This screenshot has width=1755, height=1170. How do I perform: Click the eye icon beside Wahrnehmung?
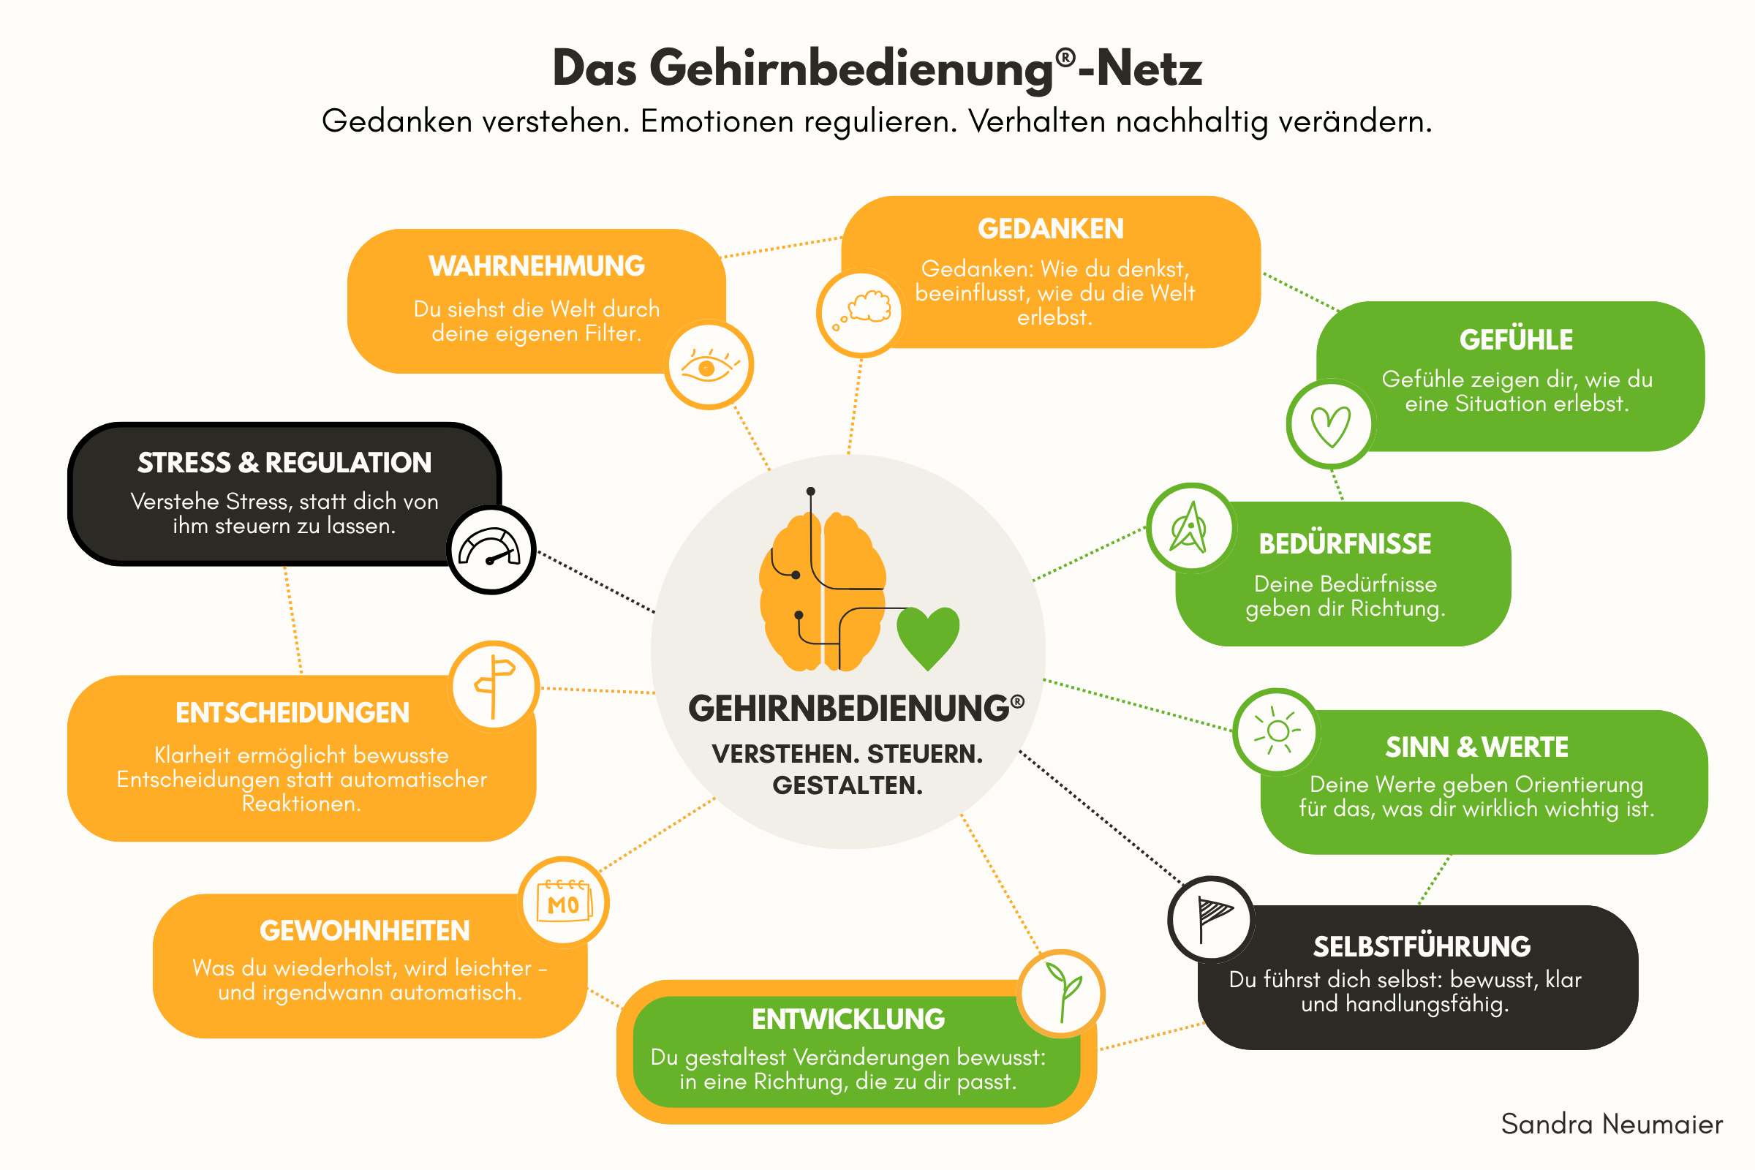pos(708,366)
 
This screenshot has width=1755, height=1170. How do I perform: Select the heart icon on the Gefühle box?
pos(1330,426)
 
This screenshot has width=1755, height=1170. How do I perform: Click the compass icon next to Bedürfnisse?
pos(1190,527)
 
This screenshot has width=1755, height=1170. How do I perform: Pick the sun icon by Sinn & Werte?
pos(1277,731)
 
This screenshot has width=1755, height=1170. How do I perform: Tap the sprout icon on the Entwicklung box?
pos(1063,992)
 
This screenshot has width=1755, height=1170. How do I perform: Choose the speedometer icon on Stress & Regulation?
pos(490,548)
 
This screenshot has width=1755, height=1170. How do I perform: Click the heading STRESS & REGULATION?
pos(284,463)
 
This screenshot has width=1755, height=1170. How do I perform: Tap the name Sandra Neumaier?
pos(1612,1124)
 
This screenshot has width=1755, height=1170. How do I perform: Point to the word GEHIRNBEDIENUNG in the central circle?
pos(849,709)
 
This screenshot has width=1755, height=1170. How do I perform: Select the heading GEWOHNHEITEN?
pos(365,930)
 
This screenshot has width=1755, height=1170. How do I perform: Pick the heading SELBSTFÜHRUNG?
pos(1422,946)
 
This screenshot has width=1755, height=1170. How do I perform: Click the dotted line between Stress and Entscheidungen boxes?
pos(292,620)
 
